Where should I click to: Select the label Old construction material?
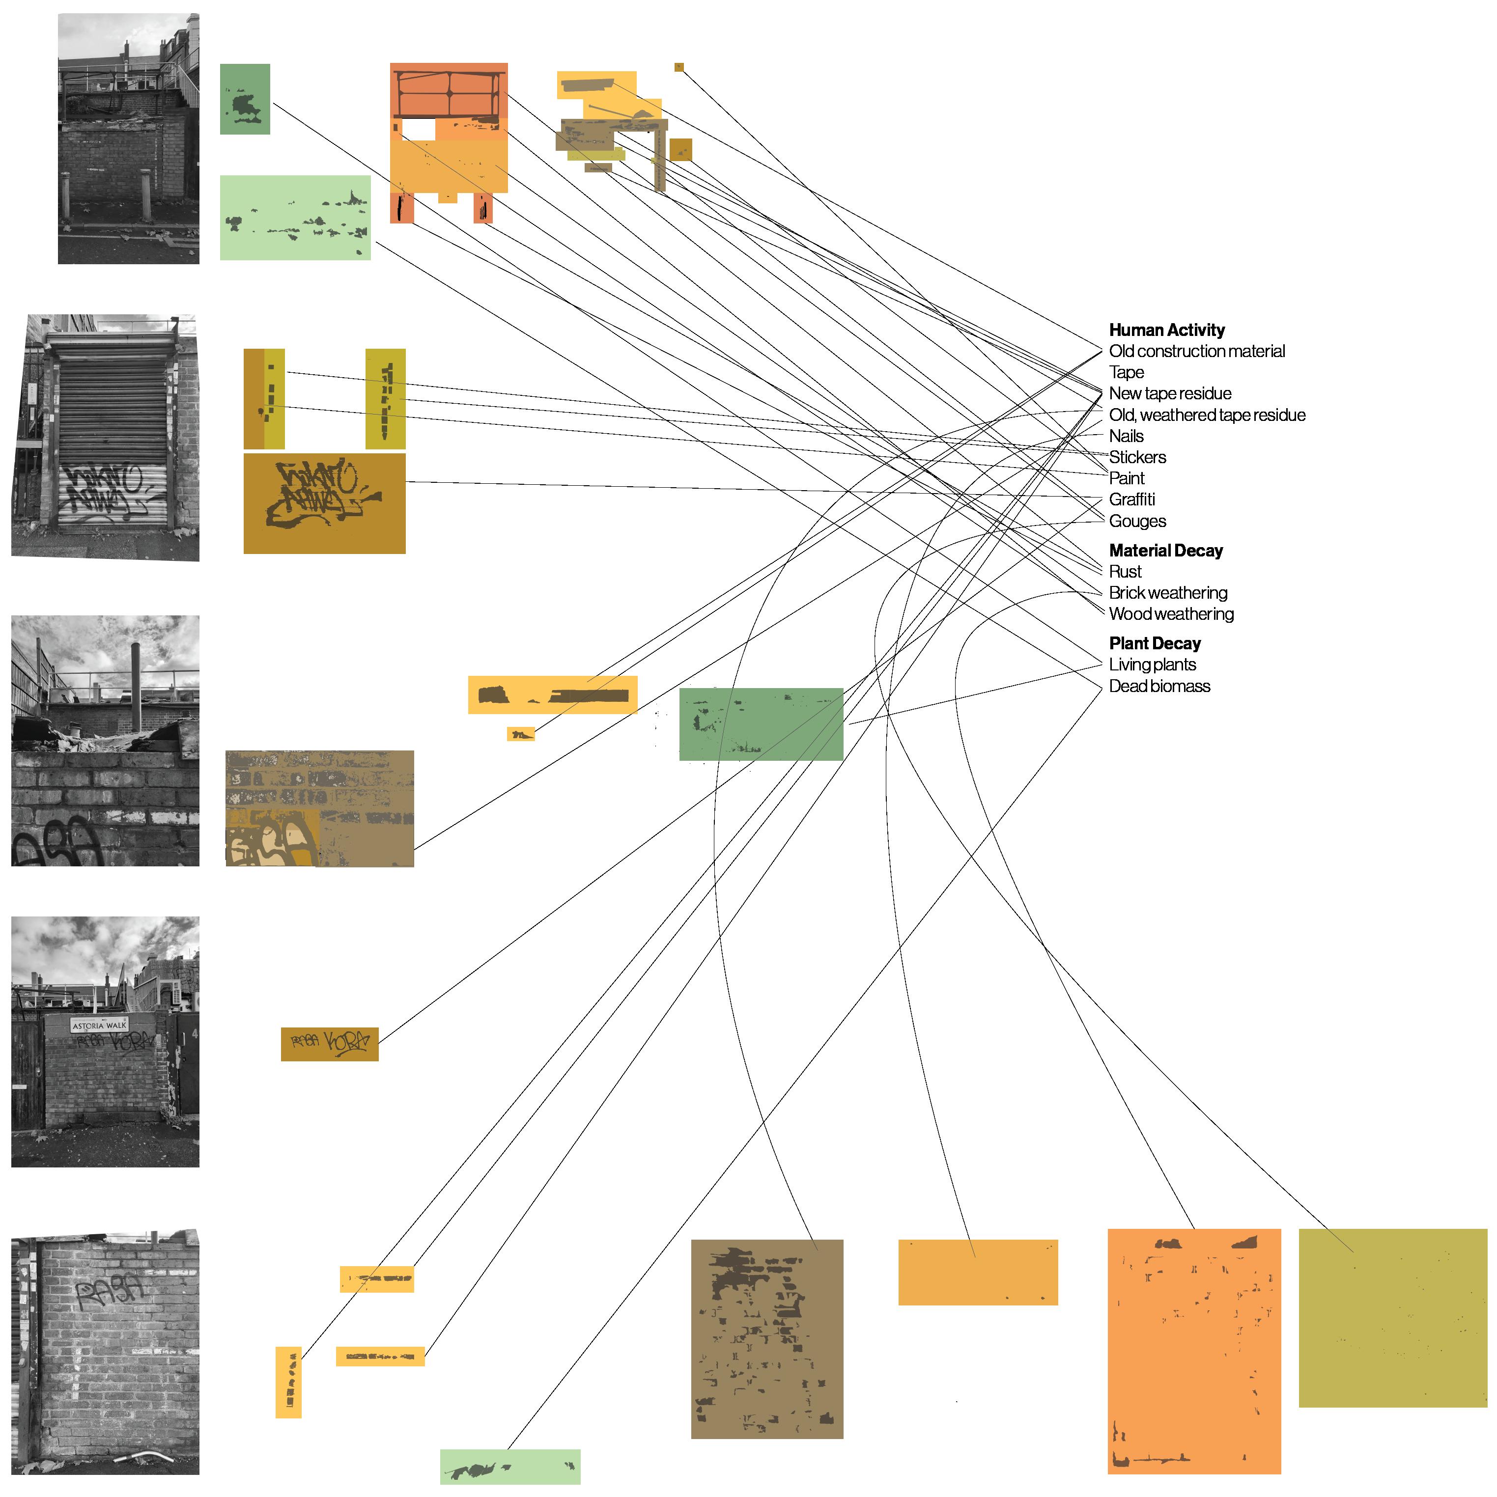pyautogui.click(x=1196, y=351)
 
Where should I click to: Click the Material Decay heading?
pyautogui.click(x=1165, y=551)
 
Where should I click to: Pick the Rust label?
pyautogui.click(x=1125, y=572)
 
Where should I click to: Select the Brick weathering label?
pyautogui.click(x=1167, y=593)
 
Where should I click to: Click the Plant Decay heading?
pyautogui.click(x=1155, y=644)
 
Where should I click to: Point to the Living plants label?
pyautogui.click(x=1152, y=665)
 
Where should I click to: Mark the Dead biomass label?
pyautogui.click(x=1159, y=687)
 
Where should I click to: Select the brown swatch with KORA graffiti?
pyautogui.click(x=330, y=1044)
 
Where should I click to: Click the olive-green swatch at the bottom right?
pyautogui.click(x=1392, y=1317)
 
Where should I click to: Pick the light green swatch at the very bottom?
pyautogui.click(x=509, y=1467)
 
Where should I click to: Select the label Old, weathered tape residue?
pyautogui.click(x=1206, y=416)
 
